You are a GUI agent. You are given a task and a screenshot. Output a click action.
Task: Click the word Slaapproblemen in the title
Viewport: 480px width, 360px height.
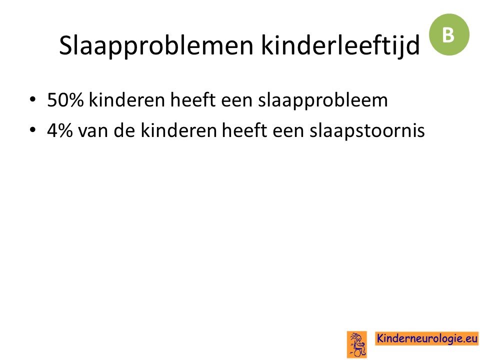[x=156, y=46]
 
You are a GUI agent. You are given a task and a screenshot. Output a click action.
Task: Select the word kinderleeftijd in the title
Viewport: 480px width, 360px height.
[x=340, y=45]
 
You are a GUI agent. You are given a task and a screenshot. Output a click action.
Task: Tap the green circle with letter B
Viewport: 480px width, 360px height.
[x=449, y=34]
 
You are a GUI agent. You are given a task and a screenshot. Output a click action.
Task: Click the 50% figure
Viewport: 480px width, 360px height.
[x=65, y=100]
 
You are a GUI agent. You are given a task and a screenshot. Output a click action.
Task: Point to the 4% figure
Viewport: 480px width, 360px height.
[x=60, y=130]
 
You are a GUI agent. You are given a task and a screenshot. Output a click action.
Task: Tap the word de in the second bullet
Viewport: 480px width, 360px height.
[x=124, y=130]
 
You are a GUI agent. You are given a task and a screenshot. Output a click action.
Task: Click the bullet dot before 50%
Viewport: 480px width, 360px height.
[x=33, y=99]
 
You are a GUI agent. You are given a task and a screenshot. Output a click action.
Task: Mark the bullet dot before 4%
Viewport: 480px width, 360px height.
[x=33, y=130]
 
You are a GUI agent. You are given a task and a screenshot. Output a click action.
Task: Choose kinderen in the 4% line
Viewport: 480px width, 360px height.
[x=179, y=130]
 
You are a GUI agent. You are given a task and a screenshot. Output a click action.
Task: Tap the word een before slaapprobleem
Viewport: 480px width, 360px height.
[x=236, y=101]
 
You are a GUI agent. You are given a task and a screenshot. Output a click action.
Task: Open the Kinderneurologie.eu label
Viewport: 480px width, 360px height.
[x=426, y=338]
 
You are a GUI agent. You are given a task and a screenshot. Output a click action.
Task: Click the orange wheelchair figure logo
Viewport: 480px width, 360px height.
[x=357, y=344]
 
